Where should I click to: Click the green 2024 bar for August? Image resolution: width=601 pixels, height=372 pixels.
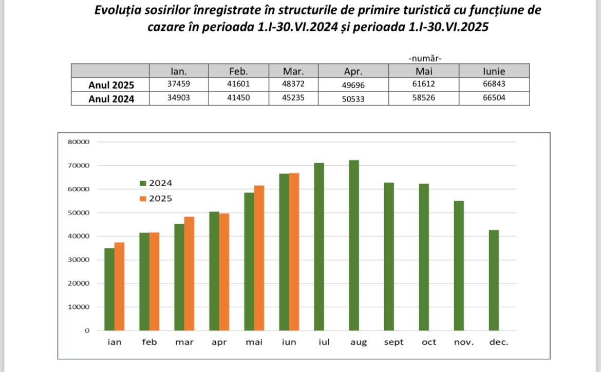click(x=354, y=245)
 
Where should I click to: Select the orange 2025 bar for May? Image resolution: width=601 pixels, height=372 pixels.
click(x=259, y=258)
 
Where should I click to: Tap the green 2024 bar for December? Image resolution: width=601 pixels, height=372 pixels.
click(x=494, y=280)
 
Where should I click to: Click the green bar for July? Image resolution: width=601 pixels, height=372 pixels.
click(x=319, y=247)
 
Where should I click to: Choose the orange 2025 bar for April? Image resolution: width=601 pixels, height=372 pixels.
click(x=224, y=272)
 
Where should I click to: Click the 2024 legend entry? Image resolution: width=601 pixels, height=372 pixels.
click(x=157, y=183)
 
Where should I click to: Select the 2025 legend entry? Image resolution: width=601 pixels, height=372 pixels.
click(x=157, y=199)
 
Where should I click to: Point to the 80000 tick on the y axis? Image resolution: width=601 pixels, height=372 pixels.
click(x=78, y=142)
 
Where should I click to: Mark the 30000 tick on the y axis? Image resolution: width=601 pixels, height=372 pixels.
click(x=78, y=260)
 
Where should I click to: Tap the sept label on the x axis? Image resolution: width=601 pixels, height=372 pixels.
click(x=393, y=342)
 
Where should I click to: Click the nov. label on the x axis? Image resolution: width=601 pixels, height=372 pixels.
click(x=464, y=342)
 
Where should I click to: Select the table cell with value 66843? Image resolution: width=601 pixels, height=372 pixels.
click(x=494, y=85)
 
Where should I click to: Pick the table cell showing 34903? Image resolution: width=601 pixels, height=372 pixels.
click(x=179, y=98)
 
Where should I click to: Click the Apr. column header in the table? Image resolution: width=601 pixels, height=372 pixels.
click(x=353, y=71)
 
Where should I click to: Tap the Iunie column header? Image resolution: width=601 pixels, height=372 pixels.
click(x=494, y=71)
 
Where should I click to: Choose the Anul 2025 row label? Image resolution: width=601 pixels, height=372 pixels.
click(x=111, y=85)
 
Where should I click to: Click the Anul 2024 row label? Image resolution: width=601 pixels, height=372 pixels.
click(x=111, y=99)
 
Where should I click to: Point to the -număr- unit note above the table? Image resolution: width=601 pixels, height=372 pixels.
click(x=425, y=58)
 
